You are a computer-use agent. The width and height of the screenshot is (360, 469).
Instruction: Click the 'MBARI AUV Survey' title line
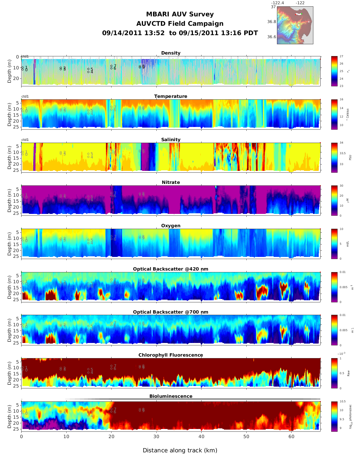pos(180,14)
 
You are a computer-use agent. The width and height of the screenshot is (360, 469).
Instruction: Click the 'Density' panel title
pos(171,53)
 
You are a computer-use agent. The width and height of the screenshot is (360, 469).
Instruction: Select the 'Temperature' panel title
pos(171,96)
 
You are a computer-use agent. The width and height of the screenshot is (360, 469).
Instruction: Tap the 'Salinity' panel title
pos(171,140)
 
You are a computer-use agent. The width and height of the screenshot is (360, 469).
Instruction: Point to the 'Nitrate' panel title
pos(171,182)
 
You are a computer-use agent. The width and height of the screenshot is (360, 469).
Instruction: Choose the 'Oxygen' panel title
pos(171,226)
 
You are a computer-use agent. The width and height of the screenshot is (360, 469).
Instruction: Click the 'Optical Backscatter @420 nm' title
pos(171,269)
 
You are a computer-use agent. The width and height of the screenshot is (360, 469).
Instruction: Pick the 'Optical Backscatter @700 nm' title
pos(171,312)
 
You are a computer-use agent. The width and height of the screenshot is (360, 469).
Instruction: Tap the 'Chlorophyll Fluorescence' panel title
pos(171,355)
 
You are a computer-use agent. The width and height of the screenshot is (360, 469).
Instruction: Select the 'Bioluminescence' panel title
pos(171,396)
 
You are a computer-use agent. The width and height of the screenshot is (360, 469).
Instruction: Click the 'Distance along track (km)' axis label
pos(180,451)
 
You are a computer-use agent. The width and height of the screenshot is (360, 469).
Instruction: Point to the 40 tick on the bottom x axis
pos(202,437)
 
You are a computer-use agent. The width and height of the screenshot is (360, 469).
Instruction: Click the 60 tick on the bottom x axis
pos(292,437)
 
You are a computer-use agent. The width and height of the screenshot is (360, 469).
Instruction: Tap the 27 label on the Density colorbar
pos(342,57)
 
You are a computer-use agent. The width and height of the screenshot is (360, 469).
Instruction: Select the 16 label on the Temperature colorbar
pos(342,100)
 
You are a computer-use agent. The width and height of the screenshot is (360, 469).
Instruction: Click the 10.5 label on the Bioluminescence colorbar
pos(342,402)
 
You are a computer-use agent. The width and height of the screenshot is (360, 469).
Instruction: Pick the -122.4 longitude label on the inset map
pos(277,3)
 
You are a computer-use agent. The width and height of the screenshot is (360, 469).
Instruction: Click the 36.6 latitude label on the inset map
pos(272,37)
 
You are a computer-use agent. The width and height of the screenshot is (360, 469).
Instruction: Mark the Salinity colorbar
pos(334,158)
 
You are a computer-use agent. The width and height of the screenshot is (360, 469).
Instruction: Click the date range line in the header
pos(180,33)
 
